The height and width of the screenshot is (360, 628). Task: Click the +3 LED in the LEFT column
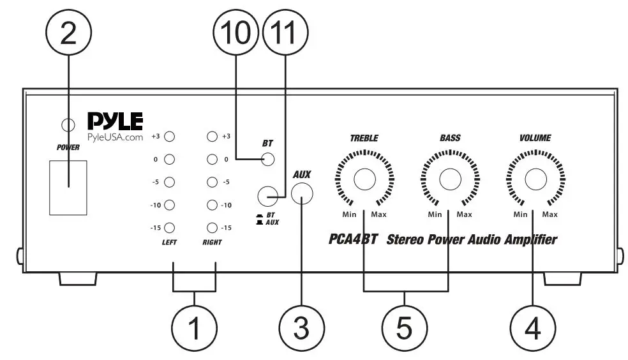[x=170, y=136]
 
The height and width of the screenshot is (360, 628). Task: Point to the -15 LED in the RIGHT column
[x=213, y=227]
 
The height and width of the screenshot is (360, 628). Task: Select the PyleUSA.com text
[x=115, y=139]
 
